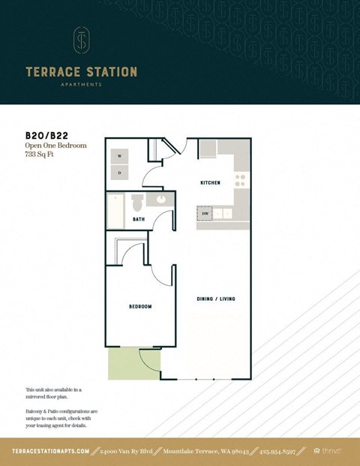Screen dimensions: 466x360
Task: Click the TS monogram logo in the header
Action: (81, 40)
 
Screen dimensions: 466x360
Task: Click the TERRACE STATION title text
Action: (81, 72)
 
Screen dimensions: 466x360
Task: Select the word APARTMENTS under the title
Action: (81, 85)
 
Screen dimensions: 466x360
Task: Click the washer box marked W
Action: (119, 157)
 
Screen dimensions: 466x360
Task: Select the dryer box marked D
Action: (119, 173)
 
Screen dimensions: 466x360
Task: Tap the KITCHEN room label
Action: (209, 183)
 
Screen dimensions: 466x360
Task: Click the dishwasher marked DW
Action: (205, 213)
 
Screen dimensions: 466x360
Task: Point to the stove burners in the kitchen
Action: (240, 180)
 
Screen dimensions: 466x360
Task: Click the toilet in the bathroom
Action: (136, 203)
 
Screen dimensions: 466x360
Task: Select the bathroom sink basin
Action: (160, 200)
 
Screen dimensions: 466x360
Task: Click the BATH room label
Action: (139, 220)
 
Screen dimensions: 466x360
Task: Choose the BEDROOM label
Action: (140, 306)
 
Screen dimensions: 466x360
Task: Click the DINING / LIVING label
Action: (216, 299)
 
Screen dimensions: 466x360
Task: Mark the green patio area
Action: (124, 363)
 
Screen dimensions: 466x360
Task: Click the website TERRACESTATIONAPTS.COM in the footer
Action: (51, 451)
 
